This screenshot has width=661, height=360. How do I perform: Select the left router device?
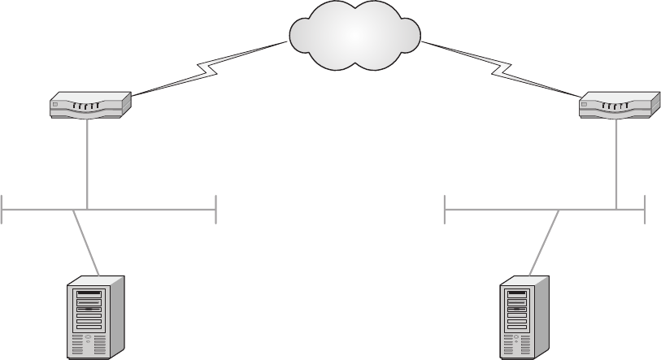[x=90, y=106]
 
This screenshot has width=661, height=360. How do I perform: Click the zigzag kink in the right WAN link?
[x=498, y=70]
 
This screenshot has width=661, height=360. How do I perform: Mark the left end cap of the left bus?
[x=3, y=209]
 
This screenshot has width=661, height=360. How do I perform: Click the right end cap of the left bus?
[x=215, y=209]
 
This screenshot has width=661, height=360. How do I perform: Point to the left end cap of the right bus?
[x=446, y=209]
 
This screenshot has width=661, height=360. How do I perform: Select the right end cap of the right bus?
[x=644, y=209]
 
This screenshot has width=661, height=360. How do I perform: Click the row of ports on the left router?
[x=85, y=105]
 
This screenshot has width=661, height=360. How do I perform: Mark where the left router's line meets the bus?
[x=87, y=209]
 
